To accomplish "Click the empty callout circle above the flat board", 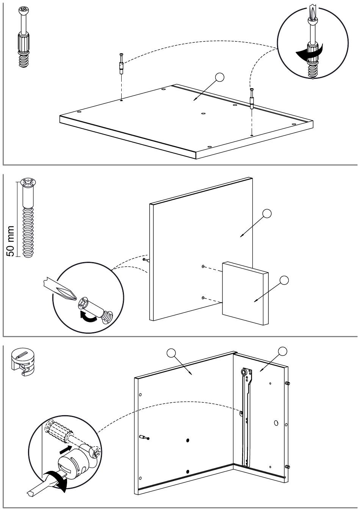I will click(x=219, y=78).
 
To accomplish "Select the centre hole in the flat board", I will click(x=203, y=113).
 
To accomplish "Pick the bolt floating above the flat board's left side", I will click(x=121, y=64).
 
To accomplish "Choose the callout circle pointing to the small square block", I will click(x=284, y=280).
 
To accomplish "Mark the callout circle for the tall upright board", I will click(x=267, y=213).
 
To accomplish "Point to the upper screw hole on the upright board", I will click(x=203, y=267).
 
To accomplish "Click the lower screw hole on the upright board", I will click(x=203, y=298).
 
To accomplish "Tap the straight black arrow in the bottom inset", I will click(x=65, y=450).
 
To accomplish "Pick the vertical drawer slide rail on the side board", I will click(x=246, y=417).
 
